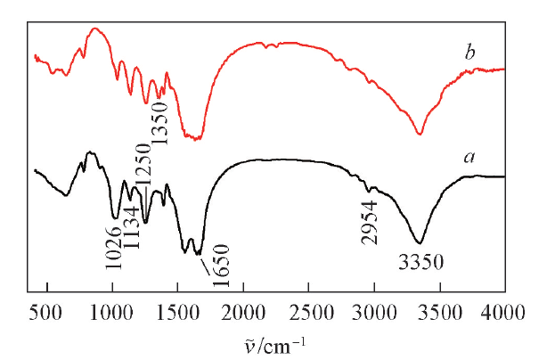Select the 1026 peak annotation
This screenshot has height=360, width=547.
click(113, 247)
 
